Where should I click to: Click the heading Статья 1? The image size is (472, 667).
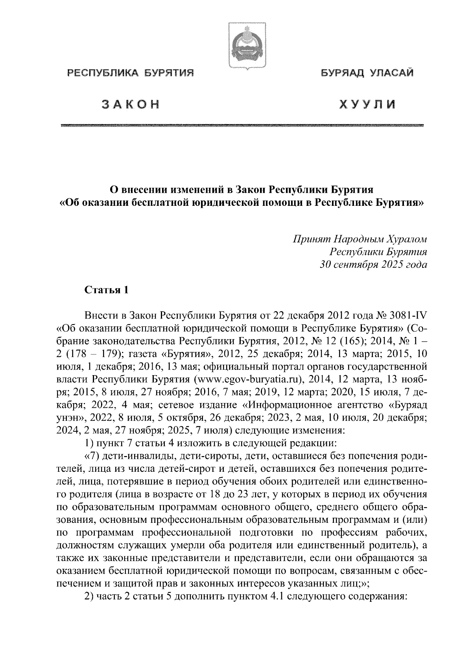[106, 291]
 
